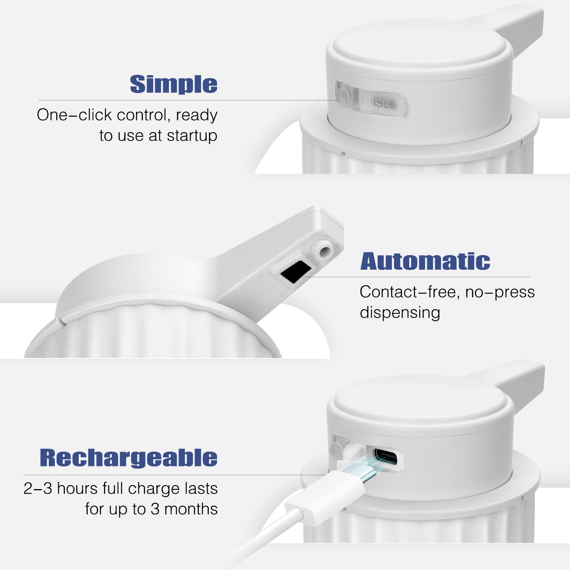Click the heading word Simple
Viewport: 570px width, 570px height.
pyautogui.click(x=173, y=84)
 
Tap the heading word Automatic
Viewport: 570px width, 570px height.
pyautogui.click(x=425, y=261)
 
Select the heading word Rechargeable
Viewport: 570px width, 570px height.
pyautogui.click(x=128, y=457)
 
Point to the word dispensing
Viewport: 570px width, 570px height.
pyautogui.click(x=400, y=312)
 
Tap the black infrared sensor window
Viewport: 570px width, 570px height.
pyautogui.click(x=296, y=271)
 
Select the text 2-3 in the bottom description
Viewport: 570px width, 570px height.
pyautogui.click(x=37, y=488)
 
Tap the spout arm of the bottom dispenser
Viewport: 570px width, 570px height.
pyautogui.click(x=524, y=383)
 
